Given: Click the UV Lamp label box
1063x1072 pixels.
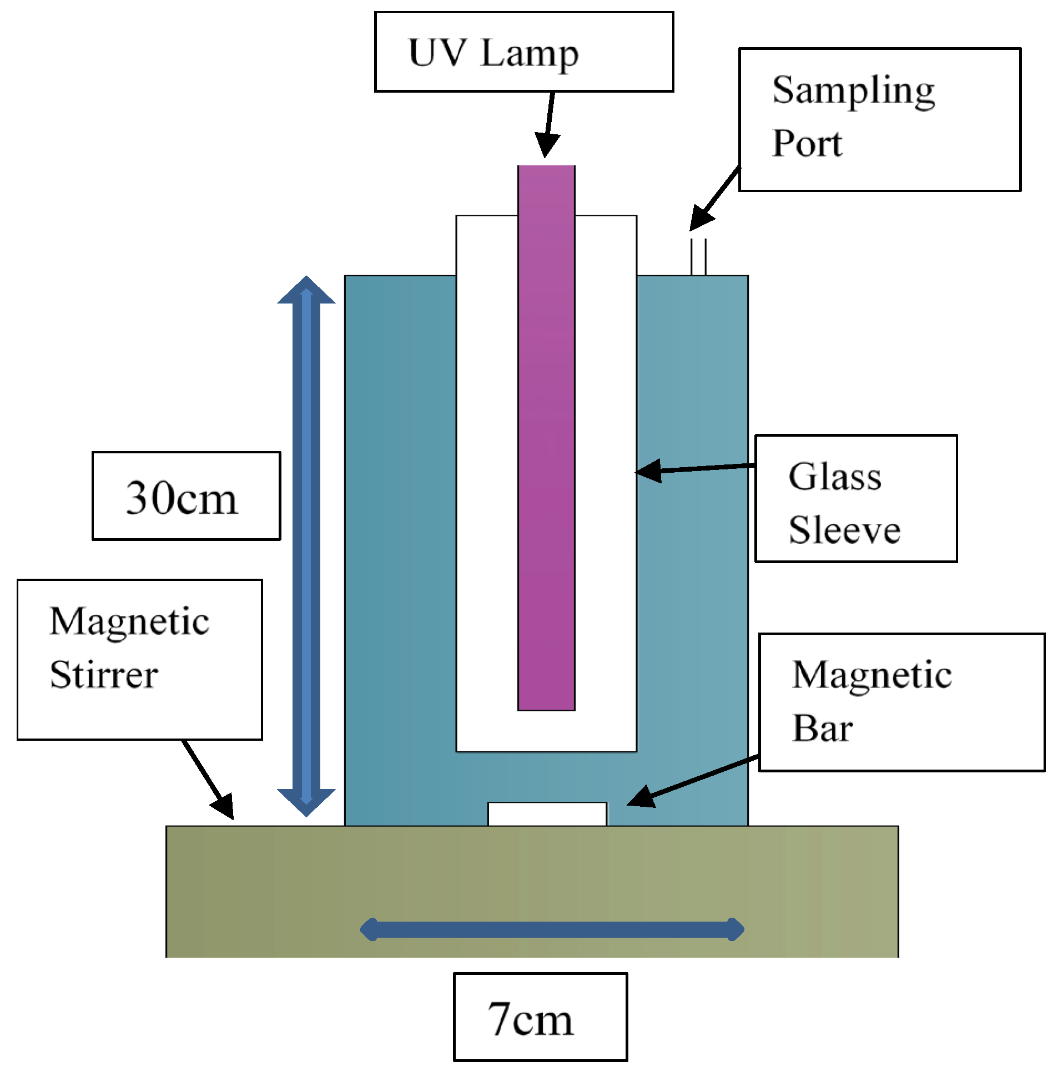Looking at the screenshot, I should coord(523,52).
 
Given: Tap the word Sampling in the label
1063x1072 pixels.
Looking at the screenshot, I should coord(853,92).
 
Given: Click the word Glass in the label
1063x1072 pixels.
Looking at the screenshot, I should coord(834,477).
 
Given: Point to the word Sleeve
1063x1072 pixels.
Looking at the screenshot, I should coord(844,530).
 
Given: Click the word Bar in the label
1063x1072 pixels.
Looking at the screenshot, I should coord(822,728).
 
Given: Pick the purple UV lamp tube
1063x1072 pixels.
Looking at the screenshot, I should coord(546,438).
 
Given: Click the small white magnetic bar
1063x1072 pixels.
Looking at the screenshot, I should coord(547,814).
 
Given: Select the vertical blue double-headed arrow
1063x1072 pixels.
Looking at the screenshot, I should coord(306,547).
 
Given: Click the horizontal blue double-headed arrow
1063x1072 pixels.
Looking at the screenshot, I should coord(552,929).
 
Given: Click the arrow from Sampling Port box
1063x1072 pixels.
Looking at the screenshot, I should coord(715,199).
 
